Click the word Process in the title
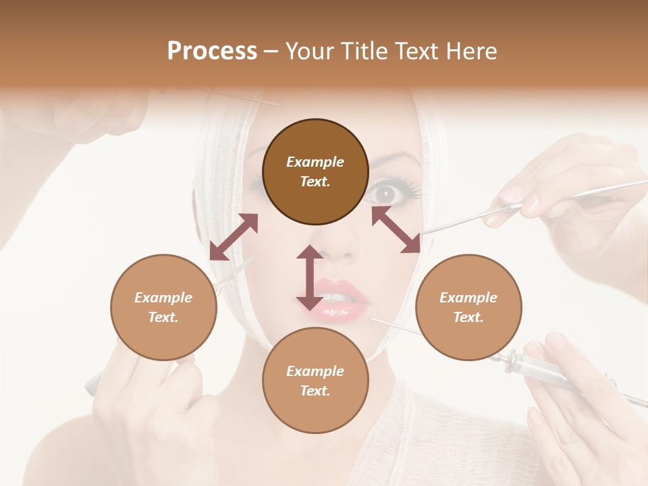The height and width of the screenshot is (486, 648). click(212, 51)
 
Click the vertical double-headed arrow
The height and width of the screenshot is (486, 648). click(310, 277)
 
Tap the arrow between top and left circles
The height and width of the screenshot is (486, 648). click(234, 236)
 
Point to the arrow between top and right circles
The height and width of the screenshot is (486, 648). click(396, 230)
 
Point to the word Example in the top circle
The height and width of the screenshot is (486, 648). click(315, 162)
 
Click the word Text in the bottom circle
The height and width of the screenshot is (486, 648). click(315, 391)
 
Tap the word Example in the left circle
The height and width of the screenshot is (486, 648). click(163, 298)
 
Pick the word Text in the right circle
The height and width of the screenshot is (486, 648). click(468, 317)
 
